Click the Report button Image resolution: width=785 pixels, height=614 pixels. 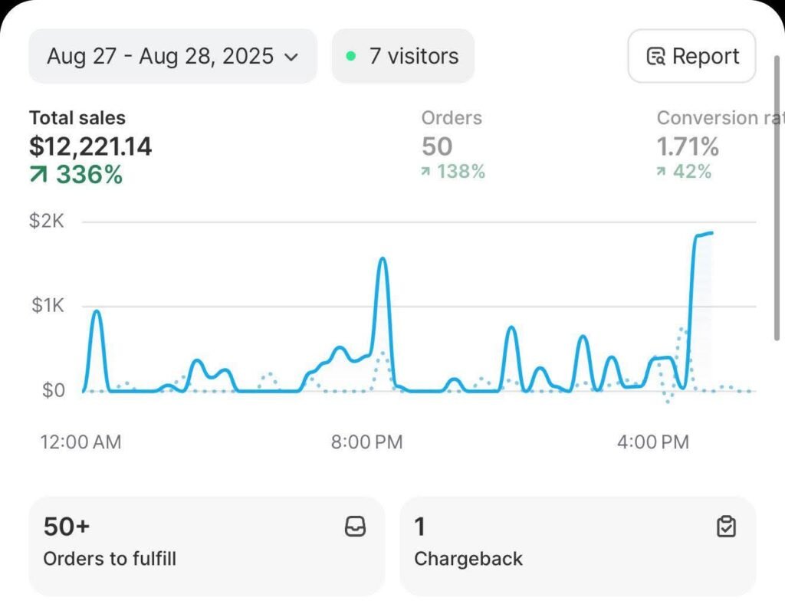(691, 56)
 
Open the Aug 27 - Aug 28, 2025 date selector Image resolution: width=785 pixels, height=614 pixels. (172, 56)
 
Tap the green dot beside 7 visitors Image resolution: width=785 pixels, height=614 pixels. (351, 56)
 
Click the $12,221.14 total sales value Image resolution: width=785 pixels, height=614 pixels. (90, 146)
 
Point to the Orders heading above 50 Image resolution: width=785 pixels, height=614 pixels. (452, 118)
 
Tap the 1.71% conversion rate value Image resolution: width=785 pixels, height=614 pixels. (688, 146)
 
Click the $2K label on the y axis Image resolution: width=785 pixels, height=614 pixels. (47, 222)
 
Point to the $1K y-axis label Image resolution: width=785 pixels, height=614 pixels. (47, 306)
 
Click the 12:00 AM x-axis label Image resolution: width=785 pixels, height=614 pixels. (80, 442)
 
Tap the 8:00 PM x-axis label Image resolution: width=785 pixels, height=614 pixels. (366, 442)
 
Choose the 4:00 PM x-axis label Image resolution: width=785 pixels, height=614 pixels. (653, 442)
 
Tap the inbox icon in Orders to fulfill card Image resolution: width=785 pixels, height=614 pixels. (356, 527)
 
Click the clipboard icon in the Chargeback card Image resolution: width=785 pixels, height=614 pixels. (725, 527)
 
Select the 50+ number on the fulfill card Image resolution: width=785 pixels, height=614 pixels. (67, 527)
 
